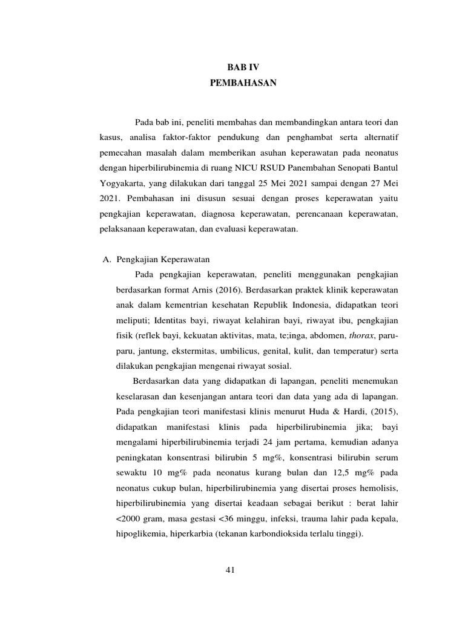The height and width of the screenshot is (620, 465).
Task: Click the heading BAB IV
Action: point(242,67)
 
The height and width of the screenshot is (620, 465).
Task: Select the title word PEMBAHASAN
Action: point(242,83)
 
